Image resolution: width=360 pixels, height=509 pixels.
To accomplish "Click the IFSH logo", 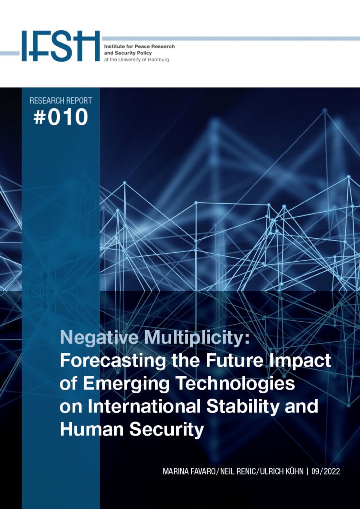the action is (61, 46).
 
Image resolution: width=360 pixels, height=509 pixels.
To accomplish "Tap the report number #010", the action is (61, 117).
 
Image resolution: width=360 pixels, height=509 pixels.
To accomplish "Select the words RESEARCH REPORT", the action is (61, 100).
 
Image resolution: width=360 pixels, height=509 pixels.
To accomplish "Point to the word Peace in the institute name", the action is (142, 46).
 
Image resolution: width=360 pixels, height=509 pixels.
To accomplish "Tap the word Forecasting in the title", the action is (112, 361).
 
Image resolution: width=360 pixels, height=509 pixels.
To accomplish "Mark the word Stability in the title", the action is (242, 406).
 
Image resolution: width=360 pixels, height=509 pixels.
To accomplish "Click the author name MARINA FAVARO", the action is (189, 472).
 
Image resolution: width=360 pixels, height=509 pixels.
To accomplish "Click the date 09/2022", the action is (326, 472).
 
